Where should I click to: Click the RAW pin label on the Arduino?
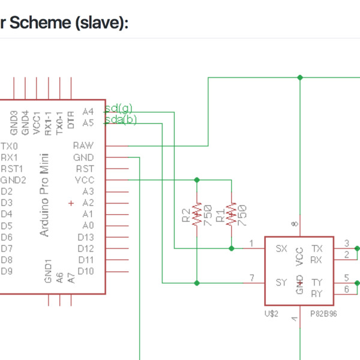[x=83, y=146]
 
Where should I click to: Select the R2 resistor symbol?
[x=197, y=214]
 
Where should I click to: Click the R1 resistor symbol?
[x=232, y=214]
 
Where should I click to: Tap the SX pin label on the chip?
[x=281, y=248]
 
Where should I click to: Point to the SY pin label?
[x=281, y=282]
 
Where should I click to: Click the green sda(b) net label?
[x=121, y=120]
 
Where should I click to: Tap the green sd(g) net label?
[x=119, y=109]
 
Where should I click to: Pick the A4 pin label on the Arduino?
[x=88, y=112]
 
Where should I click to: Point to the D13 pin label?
[x=85, y=237]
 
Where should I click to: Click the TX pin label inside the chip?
[x=317, y=248]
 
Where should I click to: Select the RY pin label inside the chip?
[x=317, y=293]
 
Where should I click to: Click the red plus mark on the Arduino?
[x=71, y=203]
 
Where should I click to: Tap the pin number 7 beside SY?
[x=252, y=277]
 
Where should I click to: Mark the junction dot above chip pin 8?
[x=299, y=77]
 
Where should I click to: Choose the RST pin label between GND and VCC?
[x=85, y=169]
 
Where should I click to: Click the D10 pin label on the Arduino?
[x=85, y=271]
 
